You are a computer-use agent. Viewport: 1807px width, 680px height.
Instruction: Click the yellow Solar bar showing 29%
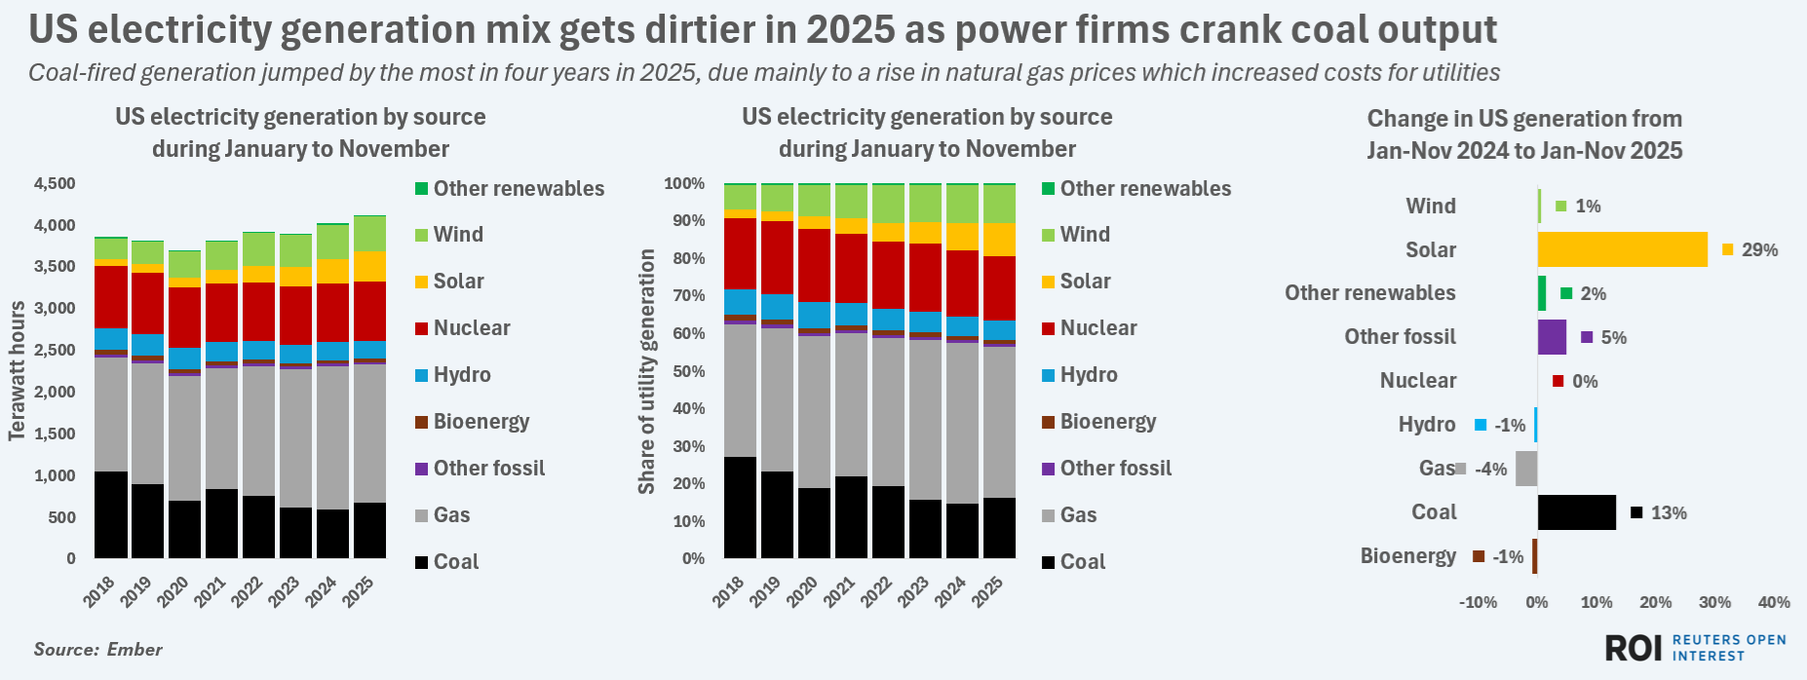[1622, 249]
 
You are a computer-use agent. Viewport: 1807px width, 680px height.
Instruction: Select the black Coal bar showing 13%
[1576, 512]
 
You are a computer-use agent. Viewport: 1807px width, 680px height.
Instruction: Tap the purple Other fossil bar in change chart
[1552, 337]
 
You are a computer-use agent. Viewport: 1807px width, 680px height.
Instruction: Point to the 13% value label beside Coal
[1669, 513]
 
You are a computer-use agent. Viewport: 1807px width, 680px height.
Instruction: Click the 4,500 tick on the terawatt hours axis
[55, 184]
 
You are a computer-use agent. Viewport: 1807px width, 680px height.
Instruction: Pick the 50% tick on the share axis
[684, 371]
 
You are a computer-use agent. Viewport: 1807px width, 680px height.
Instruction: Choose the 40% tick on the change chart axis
[1774, 602]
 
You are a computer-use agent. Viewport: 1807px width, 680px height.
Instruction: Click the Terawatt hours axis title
[17, 370]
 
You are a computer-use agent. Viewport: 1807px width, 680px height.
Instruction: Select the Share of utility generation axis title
[646, 371]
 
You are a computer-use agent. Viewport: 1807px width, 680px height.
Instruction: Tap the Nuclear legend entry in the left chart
[472, 328]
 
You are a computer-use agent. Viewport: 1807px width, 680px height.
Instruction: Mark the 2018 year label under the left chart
[99, 591]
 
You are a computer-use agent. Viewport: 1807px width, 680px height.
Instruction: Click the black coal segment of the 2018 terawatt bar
[111, 514]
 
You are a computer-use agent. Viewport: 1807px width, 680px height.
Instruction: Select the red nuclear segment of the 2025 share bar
[999, 288]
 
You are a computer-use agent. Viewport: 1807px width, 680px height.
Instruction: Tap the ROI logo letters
[1633, 648]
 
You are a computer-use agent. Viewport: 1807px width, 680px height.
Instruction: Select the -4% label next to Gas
[1491, 470]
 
